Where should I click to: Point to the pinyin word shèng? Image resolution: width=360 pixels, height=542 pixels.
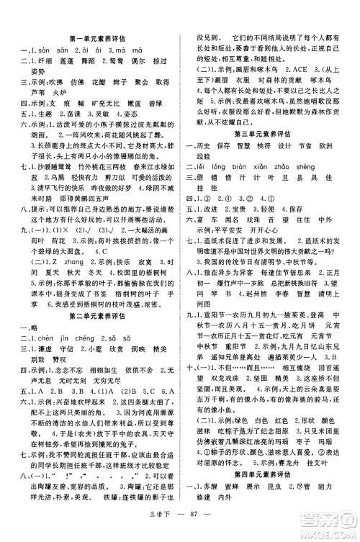pyautogui.click(x=295, y=164)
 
